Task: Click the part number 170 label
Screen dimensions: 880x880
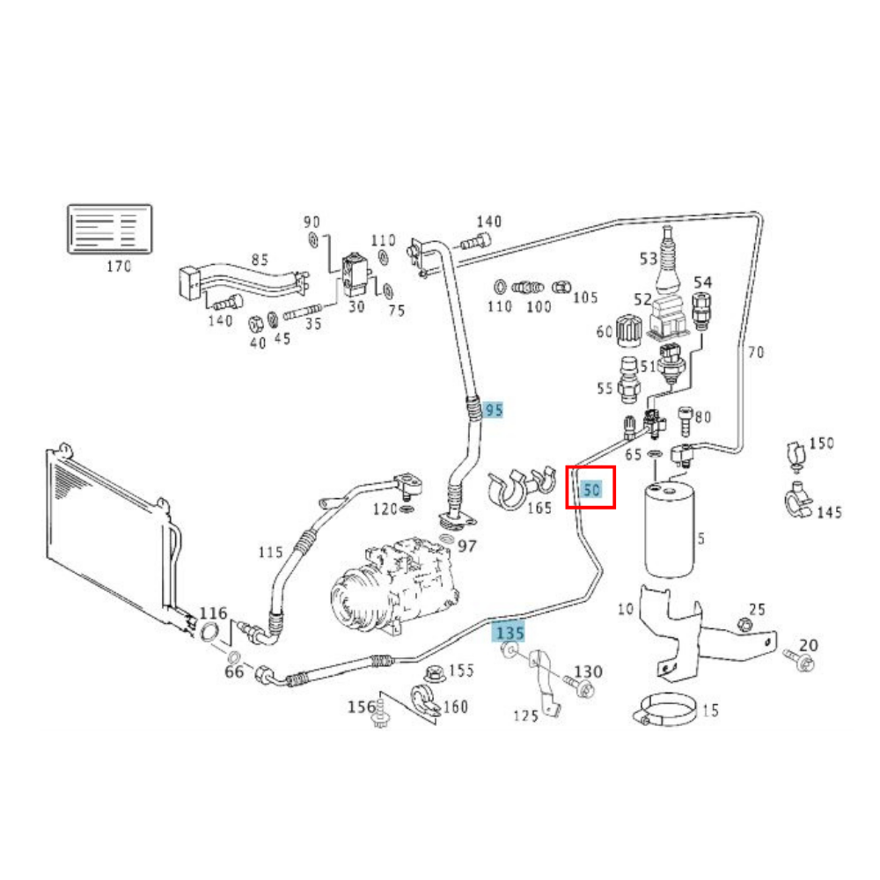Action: (118, 266)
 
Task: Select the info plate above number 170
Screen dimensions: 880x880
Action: (110, 229)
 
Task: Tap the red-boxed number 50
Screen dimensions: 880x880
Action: (590, 488)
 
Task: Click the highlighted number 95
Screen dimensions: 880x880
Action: (494, 410)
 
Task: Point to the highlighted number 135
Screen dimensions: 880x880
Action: (510, 632)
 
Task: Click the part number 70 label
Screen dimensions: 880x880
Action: (755, 353)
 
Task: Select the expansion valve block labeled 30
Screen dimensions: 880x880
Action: (354, 274)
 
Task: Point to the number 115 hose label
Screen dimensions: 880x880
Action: (271, 553)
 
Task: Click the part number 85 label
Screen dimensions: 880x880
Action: (260, 260)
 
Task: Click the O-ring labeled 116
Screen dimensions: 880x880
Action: (210, 630)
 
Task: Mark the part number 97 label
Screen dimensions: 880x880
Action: (466, 546)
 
